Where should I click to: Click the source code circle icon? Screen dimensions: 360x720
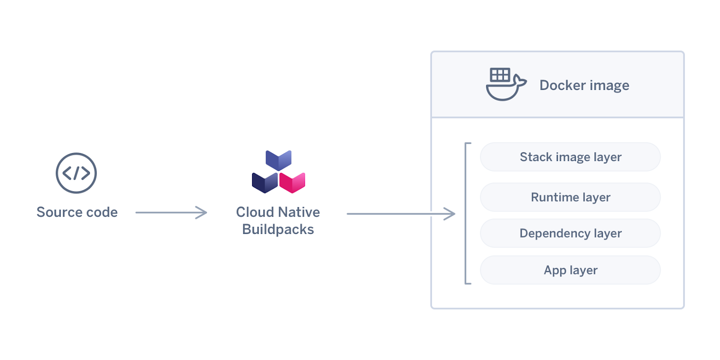click(x=76, y=173)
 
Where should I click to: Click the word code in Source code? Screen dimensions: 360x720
click(x=101, y=212)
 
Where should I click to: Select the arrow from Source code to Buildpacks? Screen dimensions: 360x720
click(x=171, y=212)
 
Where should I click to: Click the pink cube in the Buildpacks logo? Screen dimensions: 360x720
click(x=292, y=182)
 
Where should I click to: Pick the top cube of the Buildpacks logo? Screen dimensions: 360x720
click(x=279, y=160)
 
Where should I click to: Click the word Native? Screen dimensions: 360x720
click(x=299, y=212)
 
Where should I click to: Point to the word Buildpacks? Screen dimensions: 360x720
click(x=278, y=229)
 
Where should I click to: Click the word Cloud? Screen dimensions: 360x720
click(x=255, y=212)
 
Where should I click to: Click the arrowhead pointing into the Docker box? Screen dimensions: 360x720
click(x=450, y=214)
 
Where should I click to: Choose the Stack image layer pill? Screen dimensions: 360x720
click(x=570, y=157)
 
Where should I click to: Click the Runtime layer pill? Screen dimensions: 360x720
click(x=570, y=197)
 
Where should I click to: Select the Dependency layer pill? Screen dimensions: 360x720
click(x=570, y=233)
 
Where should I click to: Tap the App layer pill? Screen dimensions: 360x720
click(x=570, y=270)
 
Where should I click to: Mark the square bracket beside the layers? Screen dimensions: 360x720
click(x=466, y=213)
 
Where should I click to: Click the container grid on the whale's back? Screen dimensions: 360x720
click(x=500, y=75)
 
